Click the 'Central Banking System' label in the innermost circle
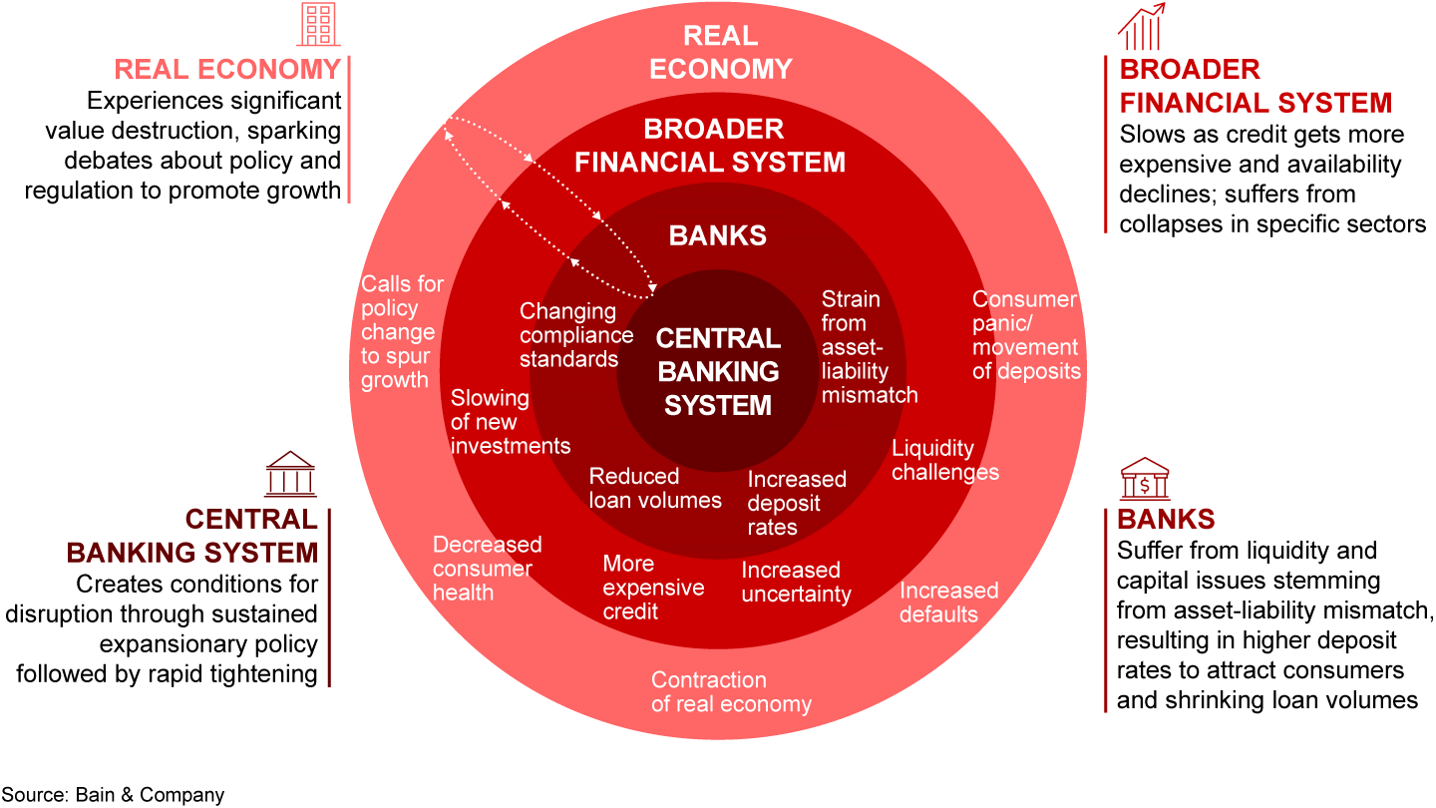(x=718, y=371)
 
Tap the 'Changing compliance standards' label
(x=576, y=335)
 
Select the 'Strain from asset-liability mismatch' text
(x=869, y=346)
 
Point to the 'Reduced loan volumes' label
(x=655, y=488)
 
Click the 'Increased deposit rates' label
(x=796, y=503)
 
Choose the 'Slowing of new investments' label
(x=510, y=421)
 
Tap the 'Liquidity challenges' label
(x=944, y=460)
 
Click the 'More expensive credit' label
(x=653, y=587)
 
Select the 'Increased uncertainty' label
(x=796, y=582)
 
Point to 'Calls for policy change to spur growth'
(x=402, y=331)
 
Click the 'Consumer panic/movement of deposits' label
(x=1025, y=335)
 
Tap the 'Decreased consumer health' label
(x=487, y=568)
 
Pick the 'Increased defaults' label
(x=948, y=602)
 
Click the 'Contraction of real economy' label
(x=731, y=691)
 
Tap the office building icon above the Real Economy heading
(x=319, y=25)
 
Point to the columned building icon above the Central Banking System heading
(x=290, y=474)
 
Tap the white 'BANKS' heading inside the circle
(x=718, y=235)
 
